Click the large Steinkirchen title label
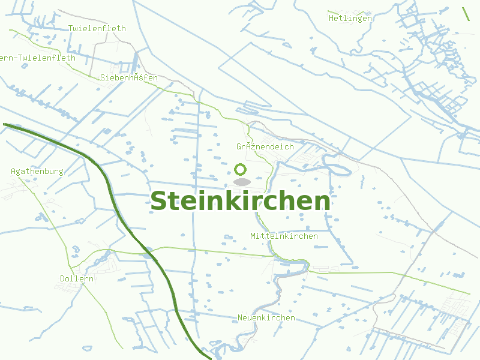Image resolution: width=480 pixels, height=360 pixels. click(240, 201)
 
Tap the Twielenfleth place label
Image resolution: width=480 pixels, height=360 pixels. click(97, 28)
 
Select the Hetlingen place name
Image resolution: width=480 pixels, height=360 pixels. click(350, 18)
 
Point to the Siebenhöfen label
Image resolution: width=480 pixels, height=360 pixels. click(129, 77)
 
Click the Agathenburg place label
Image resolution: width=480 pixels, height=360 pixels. click(37, 171)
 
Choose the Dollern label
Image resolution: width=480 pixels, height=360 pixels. click(77, 278)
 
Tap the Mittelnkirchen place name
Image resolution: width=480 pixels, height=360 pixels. click(284, 236)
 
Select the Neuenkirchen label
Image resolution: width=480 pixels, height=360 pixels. click(266, 317)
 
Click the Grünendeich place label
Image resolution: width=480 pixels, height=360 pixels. click(265, 146)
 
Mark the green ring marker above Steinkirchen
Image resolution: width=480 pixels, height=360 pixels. click(241, 169)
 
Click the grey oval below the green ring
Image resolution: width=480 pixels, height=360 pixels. click(241, 181)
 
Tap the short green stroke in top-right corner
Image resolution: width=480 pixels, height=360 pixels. click(466, 13)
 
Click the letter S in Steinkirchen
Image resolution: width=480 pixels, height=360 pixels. click(158, 202)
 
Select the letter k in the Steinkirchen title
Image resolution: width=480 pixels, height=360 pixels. click(234, 201)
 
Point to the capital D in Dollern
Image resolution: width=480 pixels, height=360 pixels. click(63, 278)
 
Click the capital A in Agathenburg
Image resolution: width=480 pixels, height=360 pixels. click(14, 171)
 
